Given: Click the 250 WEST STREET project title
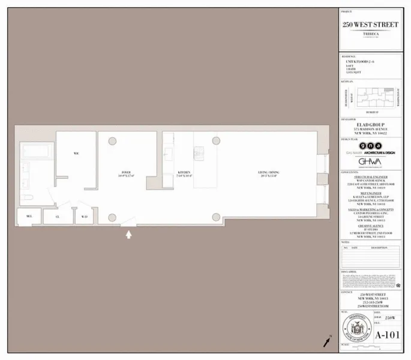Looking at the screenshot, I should [x=370, y=25].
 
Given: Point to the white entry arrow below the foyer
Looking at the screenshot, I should [x=128, y=235].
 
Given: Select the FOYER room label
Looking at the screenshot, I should [x=127, y=173].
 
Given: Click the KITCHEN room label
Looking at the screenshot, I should [x=184, y=173].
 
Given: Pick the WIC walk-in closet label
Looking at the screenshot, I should [x=76, y=154].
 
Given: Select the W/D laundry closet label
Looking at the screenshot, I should [x=85, y=216].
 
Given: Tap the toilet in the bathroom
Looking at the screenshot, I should [x=27, y=197].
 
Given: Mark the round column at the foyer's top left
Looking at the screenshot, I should [x=112, y=141].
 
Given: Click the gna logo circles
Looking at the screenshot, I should [x=370, y=146].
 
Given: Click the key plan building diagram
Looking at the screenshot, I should [x=370, y=98].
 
